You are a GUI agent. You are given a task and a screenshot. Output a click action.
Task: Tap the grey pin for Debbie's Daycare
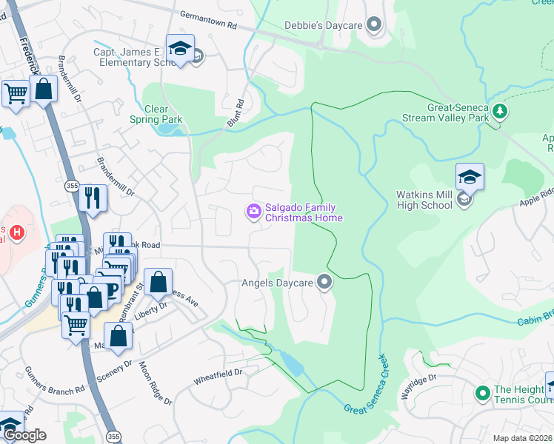(374, 26)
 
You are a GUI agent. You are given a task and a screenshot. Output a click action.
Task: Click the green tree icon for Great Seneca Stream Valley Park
(501, 111)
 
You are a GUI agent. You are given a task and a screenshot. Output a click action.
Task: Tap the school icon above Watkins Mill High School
(470, 178)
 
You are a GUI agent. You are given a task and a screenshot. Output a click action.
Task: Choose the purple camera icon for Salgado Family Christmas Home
(253, 212)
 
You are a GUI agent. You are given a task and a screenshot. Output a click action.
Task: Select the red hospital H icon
(16, 233)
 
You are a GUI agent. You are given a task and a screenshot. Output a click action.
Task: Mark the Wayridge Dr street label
(420, 386)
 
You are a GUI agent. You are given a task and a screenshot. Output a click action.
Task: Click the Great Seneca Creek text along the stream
(366, 390)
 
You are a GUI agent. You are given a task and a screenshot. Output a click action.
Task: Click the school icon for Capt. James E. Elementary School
(180, 49)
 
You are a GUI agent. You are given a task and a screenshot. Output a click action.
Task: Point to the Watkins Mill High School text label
(424, 200)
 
